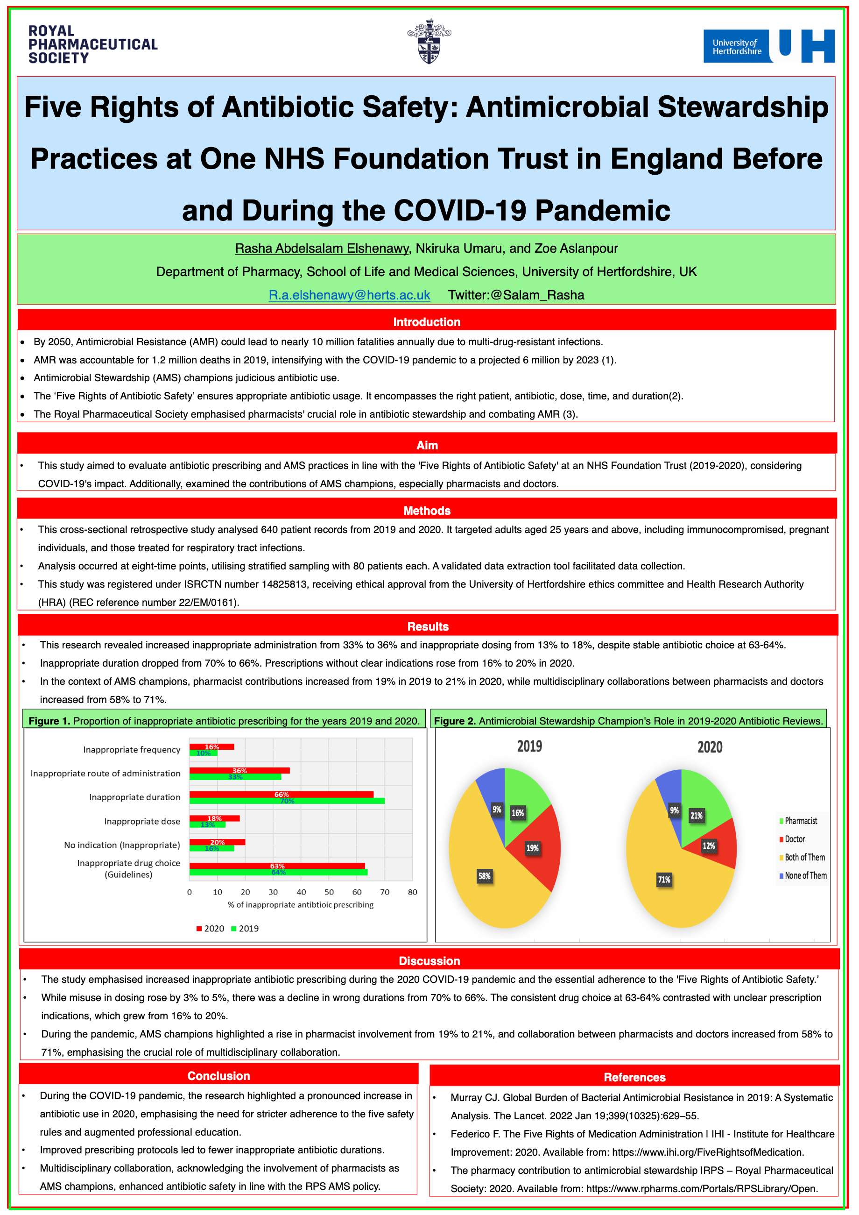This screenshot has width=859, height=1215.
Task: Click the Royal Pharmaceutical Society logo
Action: tap(92, 44)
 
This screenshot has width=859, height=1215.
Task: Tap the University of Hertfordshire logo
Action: tap(768, 46)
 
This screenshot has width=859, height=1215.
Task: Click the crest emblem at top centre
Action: tap(429, 41)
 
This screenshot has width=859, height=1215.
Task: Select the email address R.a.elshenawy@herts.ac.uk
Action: tap(349, 295)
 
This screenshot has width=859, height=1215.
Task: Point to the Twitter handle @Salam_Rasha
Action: tap(516, 295)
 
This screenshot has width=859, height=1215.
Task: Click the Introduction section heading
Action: tap(426, 322)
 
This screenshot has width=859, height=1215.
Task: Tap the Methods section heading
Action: tap(426, 510)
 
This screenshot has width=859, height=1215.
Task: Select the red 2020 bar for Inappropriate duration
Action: tap(282, 794)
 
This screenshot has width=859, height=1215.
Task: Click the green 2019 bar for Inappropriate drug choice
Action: tap(278, 872)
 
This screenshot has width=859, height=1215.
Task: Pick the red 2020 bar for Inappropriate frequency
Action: tap(211, 746)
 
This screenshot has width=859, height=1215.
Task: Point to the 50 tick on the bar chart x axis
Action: tap(329, 892)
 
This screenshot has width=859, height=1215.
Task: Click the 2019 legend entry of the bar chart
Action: tap(245, 928)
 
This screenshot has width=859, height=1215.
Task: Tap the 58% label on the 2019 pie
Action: tap(485, 876)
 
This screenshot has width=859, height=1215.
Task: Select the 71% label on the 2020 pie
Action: tap(664, 880)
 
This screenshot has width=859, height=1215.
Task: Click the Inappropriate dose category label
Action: tap(142, 821)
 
